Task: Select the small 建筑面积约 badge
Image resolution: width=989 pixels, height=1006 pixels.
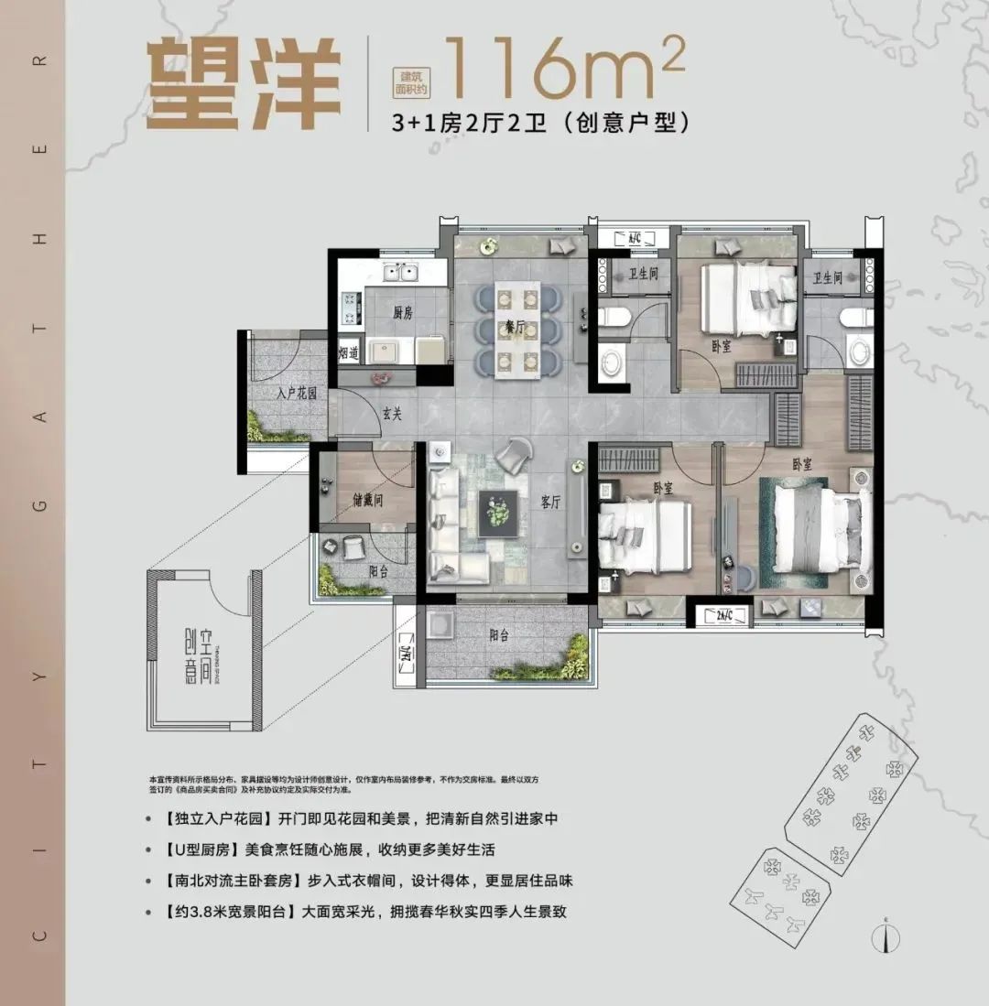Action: tap(408, 83)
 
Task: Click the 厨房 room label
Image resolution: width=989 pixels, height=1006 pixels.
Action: tap(403, 313)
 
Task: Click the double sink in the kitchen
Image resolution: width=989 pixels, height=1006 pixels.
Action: tap(400, 272)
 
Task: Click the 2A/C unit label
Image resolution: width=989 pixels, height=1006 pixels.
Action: tap(716, 615)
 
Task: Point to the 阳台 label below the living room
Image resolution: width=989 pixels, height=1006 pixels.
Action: tap(499, 633)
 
